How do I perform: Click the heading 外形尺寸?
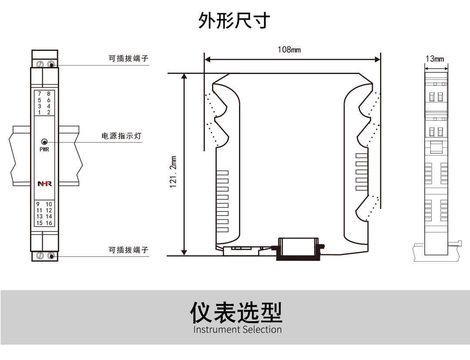[x=234, y=20]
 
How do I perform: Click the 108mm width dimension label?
[x=289, y=50]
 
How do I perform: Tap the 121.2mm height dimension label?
[x=174, y=172]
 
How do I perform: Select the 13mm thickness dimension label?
[x=435, y=59]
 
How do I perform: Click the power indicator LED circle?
[x=44, y=142]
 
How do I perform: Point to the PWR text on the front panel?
[x=44, y=150]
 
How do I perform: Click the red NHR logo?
[x=44, y=184]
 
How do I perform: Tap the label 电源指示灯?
[x=121, y=136]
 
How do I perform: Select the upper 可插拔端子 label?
[x=128, y=58]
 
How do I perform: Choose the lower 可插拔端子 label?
[x=128, y=250]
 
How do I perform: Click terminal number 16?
[x=49, y=223]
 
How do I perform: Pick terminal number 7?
[x=40, y=94]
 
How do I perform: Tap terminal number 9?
[x=38, y=204]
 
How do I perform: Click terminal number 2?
[x=49, y=112]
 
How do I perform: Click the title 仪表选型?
[x=236, y=312]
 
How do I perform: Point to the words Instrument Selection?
[x=238, y=330]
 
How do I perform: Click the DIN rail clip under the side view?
[x=299, y=249]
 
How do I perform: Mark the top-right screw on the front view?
[x=51, y=64]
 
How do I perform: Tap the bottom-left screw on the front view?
[x=40, y=256]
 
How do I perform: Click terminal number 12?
[x=49, y=210]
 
